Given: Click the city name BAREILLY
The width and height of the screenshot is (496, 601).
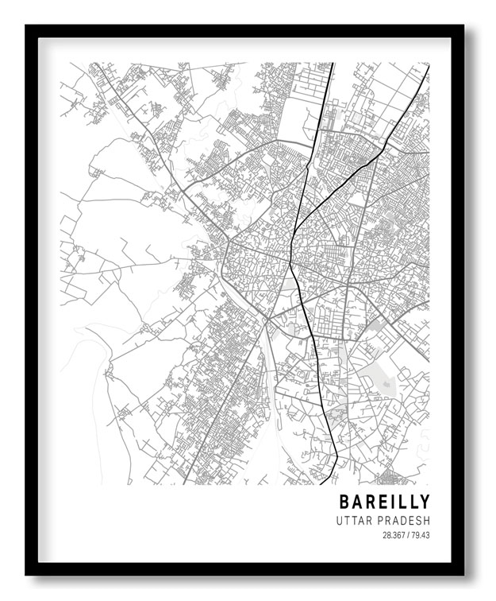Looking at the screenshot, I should point(384,502).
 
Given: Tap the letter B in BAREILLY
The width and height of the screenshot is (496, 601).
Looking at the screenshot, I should point(344,502).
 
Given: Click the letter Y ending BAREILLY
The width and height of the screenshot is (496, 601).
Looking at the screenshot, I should point(425,502).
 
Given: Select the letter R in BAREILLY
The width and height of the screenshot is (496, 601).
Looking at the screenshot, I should point(371,502).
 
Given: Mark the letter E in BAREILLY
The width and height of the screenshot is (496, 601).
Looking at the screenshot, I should point(384,502).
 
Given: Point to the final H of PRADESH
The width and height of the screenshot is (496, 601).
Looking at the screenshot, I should point(426,521).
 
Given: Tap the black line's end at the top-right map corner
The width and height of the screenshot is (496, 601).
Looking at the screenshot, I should point(428,66).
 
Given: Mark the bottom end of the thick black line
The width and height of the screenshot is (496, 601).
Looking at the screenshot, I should point(321,483).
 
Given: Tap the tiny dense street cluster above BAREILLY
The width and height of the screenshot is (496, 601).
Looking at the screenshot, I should point(388,477).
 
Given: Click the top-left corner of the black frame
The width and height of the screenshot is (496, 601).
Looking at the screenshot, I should point(26,26).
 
